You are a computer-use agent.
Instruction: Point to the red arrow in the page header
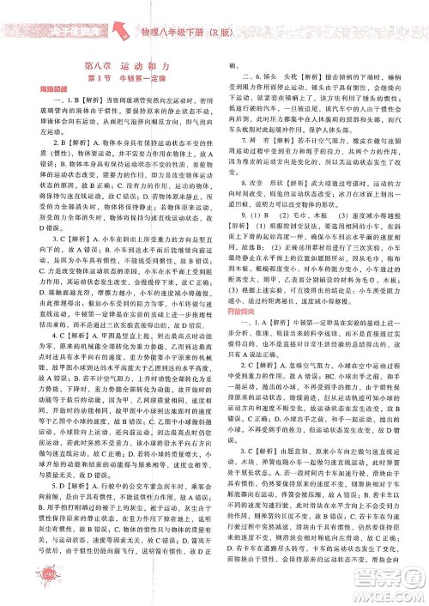click(124, 35)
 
